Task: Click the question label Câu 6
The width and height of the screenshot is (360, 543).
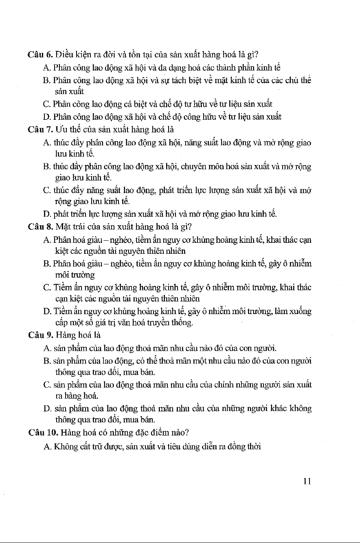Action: coord(40,55)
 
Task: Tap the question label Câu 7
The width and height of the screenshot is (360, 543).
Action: coord(40,130)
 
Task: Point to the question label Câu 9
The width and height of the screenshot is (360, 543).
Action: coord(40,336)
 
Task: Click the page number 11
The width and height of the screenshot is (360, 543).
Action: coord(307,481)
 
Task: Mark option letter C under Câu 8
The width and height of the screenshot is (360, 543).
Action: coord(46,288)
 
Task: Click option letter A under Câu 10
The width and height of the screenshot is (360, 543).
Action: coord(46,446)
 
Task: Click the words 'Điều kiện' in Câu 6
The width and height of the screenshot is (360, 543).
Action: coord(72,55)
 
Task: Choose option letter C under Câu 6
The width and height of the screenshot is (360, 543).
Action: coord(46,104)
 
